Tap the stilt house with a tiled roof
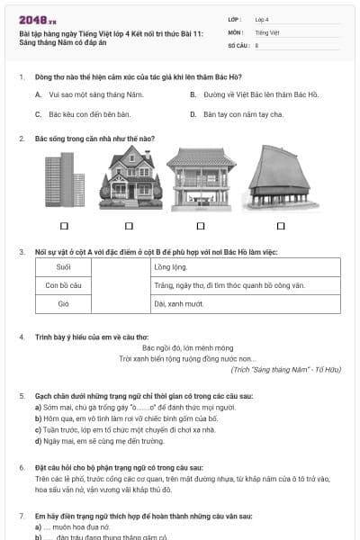pos(201,179)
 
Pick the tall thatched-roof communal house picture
pos(280,178)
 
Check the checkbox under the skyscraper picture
pos(64,226)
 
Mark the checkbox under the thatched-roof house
pos(281,226)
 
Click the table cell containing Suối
pos(63,267)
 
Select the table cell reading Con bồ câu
pos(63,285)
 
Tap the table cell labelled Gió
pos(63,304)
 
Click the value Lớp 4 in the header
pos(262,19)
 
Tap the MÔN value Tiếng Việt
pos(266,31)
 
